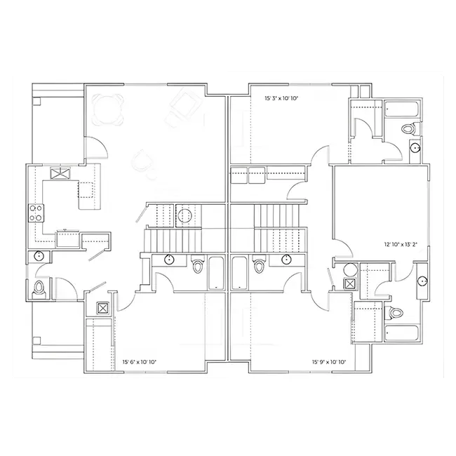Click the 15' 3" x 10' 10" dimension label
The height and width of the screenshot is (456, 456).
[x=282, y=98]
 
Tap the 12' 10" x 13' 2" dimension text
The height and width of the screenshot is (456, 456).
[x=401, y=245]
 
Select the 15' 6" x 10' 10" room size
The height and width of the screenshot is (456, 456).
[x=140, y=362]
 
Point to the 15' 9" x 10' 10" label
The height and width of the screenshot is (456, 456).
[x=329, y=362]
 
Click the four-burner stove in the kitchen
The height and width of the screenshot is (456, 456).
[x=36, y=213]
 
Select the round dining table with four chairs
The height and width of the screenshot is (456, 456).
[x=107, y=109]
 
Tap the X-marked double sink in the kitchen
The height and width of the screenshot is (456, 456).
[x=60, y=173]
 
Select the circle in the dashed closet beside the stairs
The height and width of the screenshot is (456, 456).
[x=185, y=215]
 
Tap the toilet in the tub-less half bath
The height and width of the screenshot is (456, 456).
[x=38, y=288]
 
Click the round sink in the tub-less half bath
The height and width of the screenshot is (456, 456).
[x=39, y=256]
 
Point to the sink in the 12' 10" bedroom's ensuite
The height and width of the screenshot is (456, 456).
[x=422, y=281]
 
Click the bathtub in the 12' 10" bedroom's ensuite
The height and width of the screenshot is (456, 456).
[x=401, y=333]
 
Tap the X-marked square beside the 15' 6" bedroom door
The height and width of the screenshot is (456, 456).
[x=102, y=308]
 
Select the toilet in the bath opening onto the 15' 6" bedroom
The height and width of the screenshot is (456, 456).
[x=197, y=264]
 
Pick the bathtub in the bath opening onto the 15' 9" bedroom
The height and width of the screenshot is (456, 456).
[x=240, y=273]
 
